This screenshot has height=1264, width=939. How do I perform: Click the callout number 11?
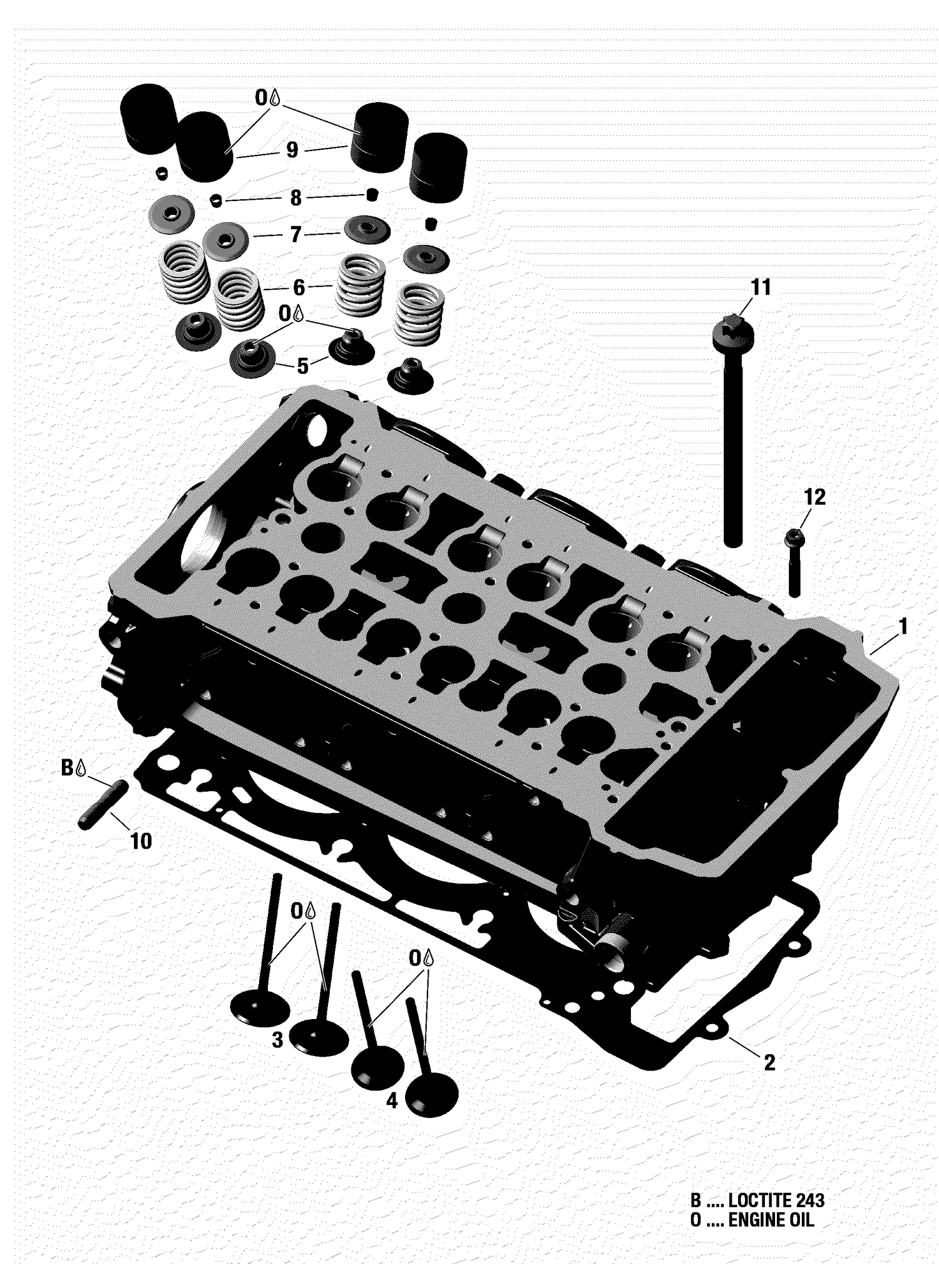pos(761,288)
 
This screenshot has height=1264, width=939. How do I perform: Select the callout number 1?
pos(902,625)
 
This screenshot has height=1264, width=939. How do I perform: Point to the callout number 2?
pos(769,1062)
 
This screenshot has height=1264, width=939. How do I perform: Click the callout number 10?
pos(141,841)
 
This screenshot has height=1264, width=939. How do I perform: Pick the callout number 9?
pos(292,150)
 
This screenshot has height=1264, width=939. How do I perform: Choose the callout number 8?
pos(295,199)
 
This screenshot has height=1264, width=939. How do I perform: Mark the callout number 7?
pos(295,235)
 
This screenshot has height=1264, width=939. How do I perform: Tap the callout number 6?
pos(299,288)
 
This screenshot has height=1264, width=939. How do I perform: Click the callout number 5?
pos(302,366)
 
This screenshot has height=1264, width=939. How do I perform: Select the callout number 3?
pos(277,1040)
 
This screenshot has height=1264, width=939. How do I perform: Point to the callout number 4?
pos(392,1100)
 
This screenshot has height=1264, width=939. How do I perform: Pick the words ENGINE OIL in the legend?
pos(771,1220)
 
